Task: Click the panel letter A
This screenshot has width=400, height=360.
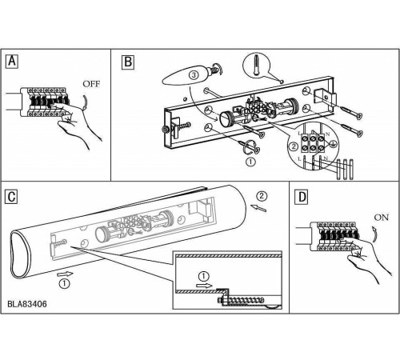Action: [x=12, y=62]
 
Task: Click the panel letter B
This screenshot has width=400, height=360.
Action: [x=128, y=62]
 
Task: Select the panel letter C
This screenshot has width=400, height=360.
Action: [x=12, y=197]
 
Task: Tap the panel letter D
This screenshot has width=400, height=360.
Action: [x=302, y=198]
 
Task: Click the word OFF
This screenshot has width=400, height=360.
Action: [x=91, y=84]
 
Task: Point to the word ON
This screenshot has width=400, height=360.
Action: [x=382, y=218]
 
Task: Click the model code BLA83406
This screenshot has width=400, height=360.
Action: [x=27, y=304]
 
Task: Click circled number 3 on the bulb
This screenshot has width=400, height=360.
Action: [x=194, y=75]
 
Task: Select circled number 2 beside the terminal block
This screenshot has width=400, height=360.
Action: [x=294, y=146]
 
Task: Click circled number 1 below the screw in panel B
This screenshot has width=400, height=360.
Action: [x=250, y=162]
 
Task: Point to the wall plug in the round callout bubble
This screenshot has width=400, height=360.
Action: [x=256, y=66]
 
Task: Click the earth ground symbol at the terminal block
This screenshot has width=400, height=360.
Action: [x=332, y=144]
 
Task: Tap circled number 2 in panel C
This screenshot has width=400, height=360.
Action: [x=262, y=196]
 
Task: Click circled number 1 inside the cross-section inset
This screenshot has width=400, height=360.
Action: [x=204, y=276]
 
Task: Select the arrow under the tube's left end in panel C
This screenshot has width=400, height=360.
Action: [x=65, y=274]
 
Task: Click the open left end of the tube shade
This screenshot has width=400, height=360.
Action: [x=20, y=255]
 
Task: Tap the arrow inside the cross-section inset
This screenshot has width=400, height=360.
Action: [x=204, y=286]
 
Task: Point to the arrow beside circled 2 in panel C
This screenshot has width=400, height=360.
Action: [x=258, y=208]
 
